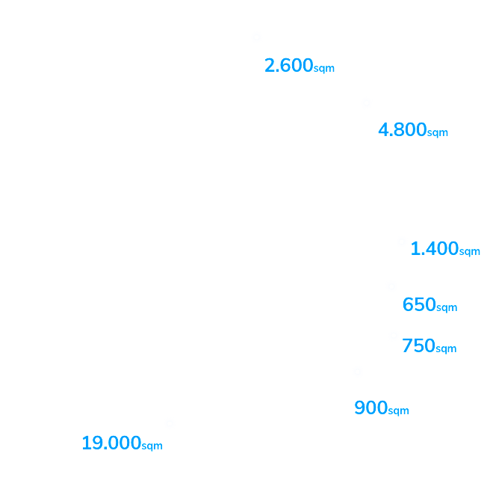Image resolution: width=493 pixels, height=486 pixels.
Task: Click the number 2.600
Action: coord(288,66)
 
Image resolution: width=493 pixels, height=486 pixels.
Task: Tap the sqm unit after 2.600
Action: coord(323,69)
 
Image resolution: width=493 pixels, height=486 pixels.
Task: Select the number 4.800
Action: coord(402,130)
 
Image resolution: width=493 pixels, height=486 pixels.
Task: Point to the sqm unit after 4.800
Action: coord(437,133)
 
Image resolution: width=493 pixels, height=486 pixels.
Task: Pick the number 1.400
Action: coord(434,249)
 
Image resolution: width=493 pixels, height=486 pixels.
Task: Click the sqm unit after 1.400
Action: coord(469,252)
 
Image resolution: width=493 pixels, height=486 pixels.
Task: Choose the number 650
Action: coord(418,305)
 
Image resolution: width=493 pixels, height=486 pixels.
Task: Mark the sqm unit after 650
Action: coord(446,308)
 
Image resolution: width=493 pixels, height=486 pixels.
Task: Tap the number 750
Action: coord(418,346)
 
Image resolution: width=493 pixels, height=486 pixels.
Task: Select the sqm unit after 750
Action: coord(446,349)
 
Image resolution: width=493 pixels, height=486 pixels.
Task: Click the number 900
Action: coord(370,408)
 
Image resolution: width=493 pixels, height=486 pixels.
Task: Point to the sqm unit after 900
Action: coord(398,411)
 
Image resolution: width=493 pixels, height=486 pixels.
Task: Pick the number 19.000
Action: coord(111,443)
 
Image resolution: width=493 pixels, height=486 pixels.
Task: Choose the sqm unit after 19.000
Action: coord(152,446)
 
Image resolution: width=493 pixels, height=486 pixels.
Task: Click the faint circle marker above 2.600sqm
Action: coord(257,37)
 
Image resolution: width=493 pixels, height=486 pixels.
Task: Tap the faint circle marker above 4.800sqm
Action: coord(366,103)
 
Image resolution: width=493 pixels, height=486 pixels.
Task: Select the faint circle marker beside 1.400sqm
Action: coord(402,242)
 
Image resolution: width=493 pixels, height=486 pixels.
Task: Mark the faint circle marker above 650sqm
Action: coord(391,286)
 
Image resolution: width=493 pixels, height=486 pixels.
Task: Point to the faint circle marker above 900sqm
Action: coord(357,372)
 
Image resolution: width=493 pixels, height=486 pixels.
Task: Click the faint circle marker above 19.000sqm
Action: coord(169,424)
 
